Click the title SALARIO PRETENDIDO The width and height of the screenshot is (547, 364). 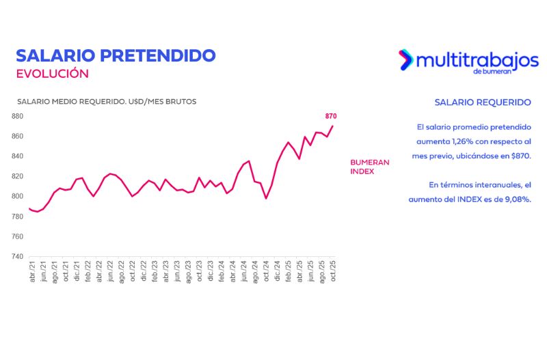116,55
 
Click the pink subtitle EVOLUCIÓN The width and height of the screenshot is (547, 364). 52,73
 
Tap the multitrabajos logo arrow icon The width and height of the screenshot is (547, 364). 405,59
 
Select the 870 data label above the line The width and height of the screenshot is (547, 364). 331,116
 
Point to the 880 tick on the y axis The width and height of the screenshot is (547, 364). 17,116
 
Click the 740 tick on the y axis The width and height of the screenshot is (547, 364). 17,257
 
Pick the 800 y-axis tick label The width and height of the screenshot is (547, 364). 17,197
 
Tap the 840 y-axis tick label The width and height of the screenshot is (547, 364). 17,156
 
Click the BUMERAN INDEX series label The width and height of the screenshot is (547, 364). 370,167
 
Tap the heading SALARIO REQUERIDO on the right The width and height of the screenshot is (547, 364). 483,102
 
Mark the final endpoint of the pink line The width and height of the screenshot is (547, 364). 333,126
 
